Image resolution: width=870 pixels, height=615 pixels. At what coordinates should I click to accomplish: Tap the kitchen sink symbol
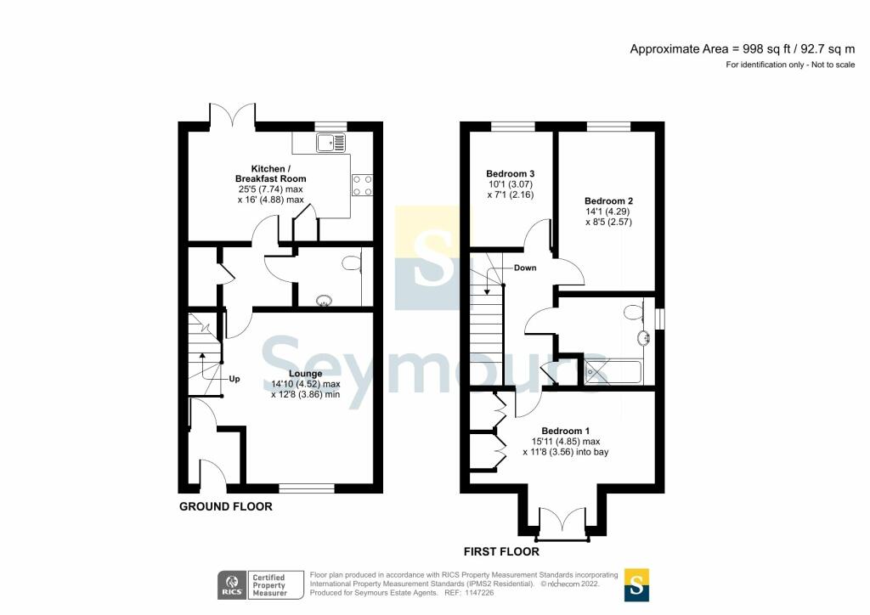point(332,143)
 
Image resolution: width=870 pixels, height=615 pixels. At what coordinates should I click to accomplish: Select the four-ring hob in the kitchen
point(361,184)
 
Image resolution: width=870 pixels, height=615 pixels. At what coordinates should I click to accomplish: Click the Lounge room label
point(305,374)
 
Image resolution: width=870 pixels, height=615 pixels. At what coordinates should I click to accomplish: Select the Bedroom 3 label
point(510,173)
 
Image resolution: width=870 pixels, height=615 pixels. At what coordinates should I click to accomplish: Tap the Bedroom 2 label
point(608,201)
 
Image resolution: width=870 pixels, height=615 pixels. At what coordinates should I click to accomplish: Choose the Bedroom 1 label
point(566,431)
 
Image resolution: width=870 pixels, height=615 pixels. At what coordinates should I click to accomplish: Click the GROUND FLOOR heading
point(225,507)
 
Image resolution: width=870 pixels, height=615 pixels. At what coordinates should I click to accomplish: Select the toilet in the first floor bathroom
point(634,313)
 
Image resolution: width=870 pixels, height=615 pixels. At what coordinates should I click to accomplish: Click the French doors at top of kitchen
point(232,115)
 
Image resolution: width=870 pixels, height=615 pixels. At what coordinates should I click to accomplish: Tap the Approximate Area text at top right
point(742,49)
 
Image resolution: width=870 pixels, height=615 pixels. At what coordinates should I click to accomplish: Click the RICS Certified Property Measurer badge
point(252,584)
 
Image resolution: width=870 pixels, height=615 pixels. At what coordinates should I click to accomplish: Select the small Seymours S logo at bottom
point(636,584)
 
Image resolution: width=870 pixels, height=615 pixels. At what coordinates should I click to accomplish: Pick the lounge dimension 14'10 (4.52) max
point(305,384)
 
